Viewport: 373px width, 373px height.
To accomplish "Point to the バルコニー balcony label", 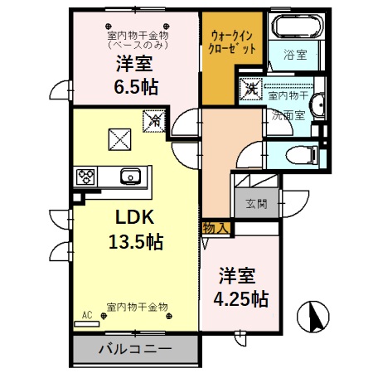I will point(136,349).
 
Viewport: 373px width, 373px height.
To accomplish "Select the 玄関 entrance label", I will point(255,203).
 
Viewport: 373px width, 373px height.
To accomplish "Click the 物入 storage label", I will point(216,227).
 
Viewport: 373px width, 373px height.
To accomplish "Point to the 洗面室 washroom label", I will point(288,116).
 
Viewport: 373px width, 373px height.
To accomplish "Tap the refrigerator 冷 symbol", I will point(154,122).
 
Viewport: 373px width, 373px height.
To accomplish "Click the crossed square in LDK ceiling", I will point(120,138).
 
